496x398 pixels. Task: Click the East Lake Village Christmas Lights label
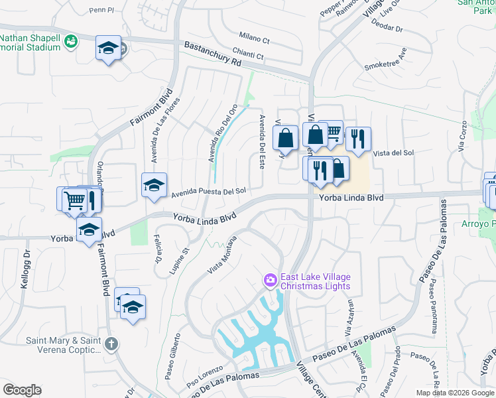coord(315,282)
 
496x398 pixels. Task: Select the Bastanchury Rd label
coord(213,54)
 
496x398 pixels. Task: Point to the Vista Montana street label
coord(223,255)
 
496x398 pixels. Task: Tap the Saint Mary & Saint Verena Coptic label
coord(64,346)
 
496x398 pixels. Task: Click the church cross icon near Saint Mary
coord(111,345)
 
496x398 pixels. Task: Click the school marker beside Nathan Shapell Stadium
coord(108,48)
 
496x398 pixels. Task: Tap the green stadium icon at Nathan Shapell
coord(71,42)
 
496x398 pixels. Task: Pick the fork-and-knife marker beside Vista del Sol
coord(358,138)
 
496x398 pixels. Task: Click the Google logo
coord(22,390)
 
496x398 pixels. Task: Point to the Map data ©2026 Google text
coord(455,393)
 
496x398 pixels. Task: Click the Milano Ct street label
coord(255,38)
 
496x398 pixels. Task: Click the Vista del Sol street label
coord(394,153)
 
